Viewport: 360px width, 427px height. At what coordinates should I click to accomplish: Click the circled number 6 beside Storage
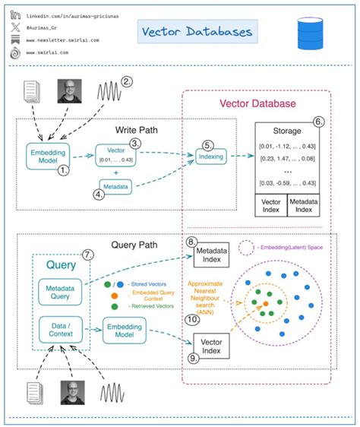[319, 122]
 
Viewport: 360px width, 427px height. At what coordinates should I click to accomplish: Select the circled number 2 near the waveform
[128, 82]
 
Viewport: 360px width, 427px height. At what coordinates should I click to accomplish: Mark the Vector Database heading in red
[257, 104]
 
